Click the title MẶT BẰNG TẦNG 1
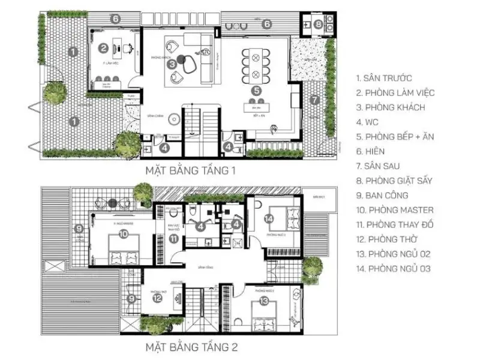tap(190, 171)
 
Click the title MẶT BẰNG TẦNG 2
tap(190, 347)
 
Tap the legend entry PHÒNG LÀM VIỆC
tap(395, 92)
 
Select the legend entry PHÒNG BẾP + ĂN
tap(395, 137)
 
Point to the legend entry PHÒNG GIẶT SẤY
tap(394, 181)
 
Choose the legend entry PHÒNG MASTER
tap(394, 210)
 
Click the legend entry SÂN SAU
tap(379, 166)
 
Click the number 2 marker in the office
tap(104, 48)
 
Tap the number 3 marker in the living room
tap(172, 62)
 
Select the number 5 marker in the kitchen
tap(256, 91)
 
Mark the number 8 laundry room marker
tap(318, 25)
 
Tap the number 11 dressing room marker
tap(173, 239)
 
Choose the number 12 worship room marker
tap(157, 298)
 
